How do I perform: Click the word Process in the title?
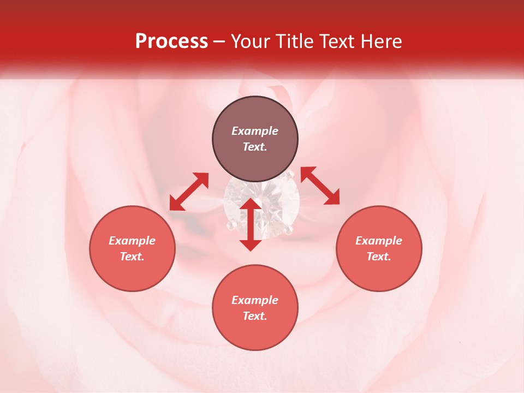point(171,41)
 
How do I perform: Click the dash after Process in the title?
point(219,42)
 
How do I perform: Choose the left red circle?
point(132,248)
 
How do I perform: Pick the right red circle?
point(379,248)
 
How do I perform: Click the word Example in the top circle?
point(255,131)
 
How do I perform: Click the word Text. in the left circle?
point(132,257)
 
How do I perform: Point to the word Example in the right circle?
point(379,241)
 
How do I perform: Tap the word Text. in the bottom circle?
point(255,316)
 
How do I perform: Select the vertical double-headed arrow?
point(251,224)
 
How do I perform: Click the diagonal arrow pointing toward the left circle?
point(189,192)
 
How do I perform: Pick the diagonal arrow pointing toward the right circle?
point(320,186)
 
